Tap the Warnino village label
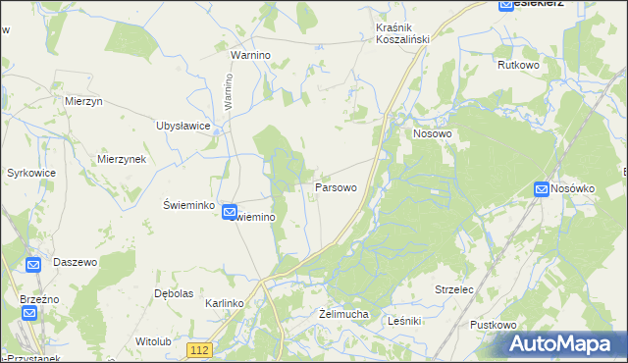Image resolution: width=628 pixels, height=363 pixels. [x=249, y=56]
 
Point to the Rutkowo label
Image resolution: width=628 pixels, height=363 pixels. [x=519, y=65]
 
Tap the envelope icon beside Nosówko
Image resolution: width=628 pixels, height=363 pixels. [x=542, y=188]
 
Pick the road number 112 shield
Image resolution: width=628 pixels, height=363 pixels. [x=200, y=350]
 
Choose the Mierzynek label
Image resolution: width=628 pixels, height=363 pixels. [x=122, y=159]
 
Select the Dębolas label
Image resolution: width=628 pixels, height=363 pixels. [x=173, y=293]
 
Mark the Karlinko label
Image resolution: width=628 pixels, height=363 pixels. [x=224, y=304]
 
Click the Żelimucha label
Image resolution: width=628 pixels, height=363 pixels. [x=343, y=314]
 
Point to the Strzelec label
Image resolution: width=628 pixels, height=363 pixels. [x=454, y=290]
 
